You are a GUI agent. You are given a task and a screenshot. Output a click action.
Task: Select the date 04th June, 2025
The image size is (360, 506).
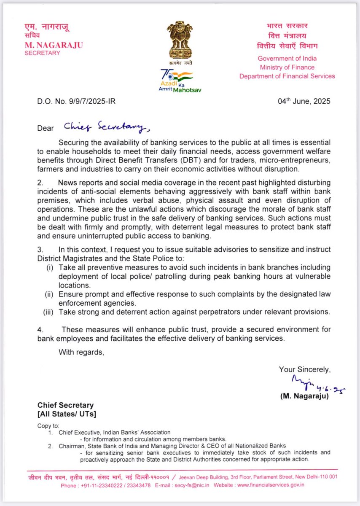(x=304, y=101)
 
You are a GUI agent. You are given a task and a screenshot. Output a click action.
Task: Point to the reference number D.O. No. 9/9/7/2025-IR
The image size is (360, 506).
(x=75, y=102)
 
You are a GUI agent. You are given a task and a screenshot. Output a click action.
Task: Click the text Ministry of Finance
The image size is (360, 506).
(x=287, y=67)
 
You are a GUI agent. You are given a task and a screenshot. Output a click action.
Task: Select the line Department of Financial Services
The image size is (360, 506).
(x=287, y=76)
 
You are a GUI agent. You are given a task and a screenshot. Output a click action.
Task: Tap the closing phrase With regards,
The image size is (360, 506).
(x=81, y=352)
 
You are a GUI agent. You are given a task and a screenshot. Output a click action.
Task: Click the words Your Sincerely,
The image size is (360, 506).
(x=304, y=369)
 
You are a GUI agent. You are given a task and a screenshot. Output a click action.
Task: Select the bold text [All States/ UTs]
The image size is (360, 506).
(x=67, y=414)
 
